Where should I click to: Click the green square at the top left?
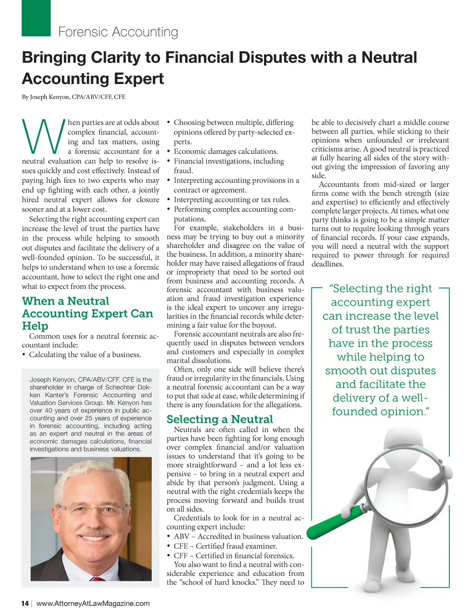click(x=36, y=18)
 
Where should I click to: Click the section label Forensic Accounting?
click(x=118, y=32)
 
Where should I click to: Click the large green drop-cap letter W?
click(x=43, y=136)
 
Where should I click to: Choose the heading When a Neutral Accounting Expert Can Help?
click(x=87, y=313)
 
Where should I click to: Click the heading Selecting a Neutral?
click(x=219, y=419)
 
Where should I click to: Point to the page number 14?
click(x=25, y=604)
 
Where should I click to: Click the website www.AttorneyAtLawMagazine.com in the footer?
click(x=93, y=604)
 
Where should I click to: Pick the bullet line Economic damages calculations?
click(x=225, y=152)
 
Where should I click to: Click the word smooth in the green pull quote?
click(x=344, y=371)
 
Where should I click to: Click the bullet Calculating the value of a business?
click(x=85, y=355)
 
